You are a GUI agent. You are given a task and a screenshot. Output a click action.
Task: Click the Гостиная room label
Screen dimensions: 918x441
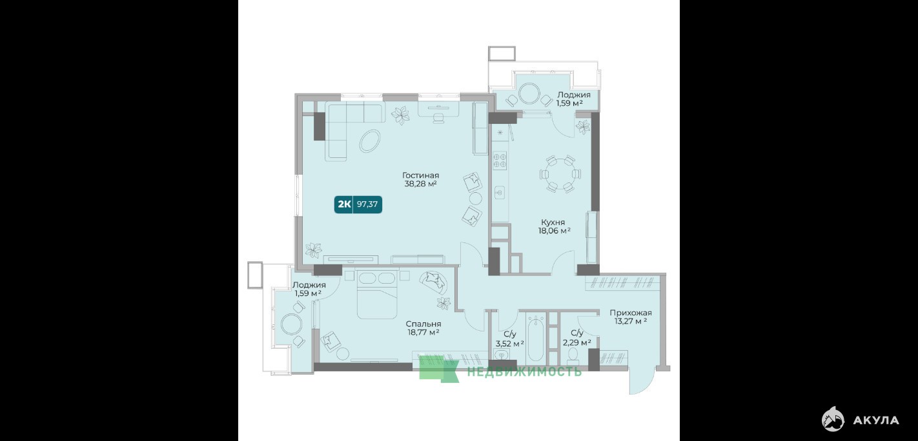pos(420,175)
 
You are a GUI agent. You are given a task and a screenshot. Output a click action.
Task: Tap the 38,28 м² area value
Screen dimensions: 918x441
pos(420,184)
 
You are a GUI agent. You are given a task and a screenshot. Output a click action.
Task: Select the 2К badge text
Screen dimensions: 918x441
pos(344,204)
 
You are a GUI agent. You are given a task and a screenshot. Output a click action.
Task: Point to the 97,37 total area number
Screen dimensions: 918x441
pos(367,204)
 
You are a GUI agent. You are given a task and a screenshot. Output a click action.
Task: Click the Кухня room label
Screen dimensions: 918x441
pos(553,222)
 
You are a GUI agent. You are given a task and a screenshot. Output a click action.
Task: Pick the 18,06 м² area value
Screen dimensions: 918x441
pos(555,231)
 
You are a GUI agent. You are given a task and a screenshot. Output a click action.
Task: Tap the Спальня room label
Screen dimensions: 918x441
pos(424,324)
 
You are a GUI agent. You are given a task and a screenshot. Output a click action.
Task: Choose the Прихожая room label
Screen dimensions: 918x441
pos(631,313)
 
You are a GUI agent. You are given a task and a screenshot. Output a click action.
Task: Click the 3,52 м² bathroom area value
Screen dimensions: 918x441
pos(510,344)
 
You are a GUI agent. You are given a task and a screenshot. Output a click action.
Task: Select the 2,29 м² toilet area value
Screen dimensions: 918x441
pos(577,342)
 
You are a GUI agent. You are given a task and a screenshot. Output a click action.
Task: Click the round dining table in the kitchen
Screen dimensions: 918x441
pos(560,174)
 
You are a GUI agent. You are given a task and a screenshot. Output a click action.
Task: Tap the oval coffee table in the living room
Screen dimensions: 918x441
pos(370,141)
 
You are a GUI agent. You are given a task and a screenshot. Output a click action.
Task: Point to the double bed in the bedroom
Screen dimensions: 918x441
pos(377,294)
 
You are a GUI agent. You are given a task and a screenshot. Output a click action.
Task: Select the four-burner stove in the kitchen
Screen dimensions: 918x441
pos(500,160)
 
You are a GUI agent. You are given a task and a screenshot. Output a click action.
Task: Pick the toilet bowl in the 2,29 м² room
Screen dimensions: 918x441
pos(573,355)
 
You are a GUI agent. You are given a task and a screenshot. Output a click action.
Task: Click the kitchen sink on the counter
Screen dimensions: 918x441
pos(500,191)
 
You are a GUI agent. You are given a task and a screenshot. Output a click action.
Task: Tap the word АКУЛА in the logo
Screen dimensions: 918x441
pos(876,420)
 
